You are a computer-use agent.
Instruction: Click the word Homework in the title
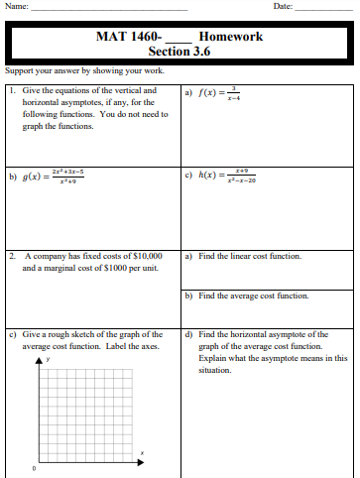(231, 37)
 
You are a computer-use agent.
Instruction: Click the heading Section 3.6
(180, 52)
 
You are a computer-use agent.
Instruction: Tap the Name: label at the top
(16, 6)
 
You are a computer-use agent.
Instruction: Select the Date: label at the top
(282, 6)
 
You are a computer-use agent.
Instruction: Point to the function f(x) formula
(219, 95)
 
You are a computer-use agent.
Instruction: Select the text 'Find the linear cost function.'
(250, 256)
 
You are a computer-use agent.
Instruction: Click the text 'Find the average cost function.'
(253, 296)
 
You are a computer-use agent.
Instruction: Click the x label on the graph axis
(142, 453)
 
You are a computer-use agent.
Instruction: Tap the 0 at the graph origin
(34, 468)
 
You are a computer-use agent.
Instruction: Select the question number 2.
(11, 256)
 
